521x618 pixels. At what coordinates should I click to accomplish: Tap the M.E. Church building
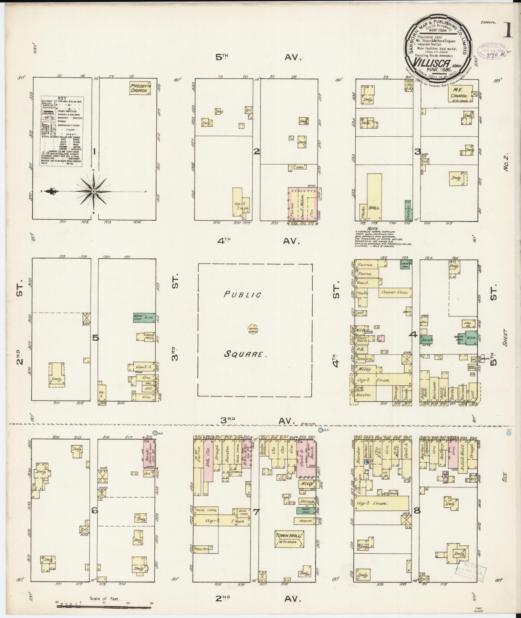point(460,93)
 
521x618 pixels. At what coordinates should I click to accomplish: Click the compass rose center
point(94,191)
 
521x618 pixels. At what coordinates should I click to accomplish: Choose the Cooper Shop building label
point(395,292)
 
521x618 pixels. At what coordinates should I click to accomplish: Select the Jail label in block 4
point(423,322)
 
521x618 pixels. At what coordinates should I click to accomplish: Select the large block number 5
point(95,338)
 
